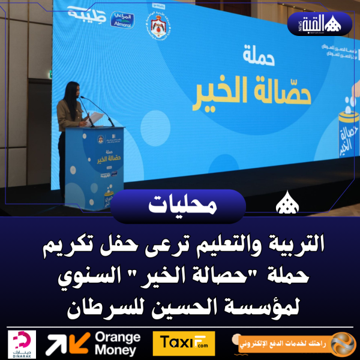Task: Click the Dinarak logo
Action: pyautogui.click(x=23, y=344)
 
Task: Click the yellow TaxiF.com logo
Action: pyautogui.click(x=184, y=344)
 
